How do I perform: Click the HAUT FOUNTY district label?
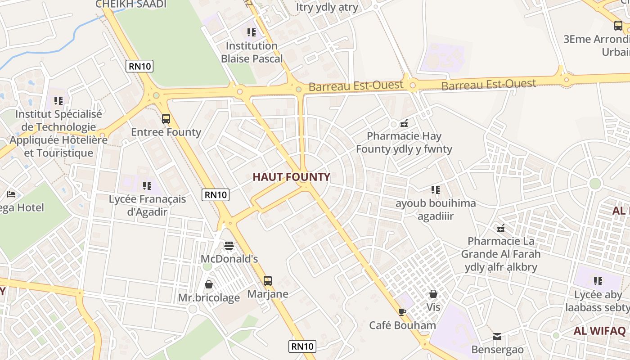pos(291,177)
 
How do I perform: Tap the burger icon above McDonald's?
pos(229,246)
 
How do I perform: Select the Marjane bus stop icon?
pos(268,281)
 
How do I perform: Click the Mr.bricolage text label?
pos(209,298)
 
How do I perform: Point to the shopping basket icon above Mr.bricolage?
pos(209,284)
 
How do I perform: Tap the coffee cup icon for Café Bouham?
pos(402,312)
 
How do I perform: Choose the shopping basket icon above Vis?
pos(433,294)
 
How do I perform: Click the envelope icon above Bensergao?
pos(497,336)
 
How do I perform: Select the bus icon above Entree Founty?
pos(166,119)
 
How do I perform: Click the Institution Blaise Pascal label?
pos(252,52)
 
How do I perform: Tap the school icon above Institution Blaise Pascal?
pos(252,32)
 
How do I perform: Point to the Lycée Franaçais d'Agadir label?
pos(147,205)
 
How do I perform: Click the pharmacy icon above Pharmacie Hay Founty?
pos(404,123)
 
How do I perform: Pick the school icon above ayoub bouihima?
pos(435,190)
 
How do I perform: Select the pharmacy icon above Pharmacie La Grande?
pos(501,228)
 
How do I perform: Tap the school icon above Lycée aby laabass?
pos(598,281)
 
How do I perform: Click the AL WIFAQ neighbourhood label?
pos(599,331)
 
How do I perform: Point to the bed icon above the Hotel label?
pos(12,194)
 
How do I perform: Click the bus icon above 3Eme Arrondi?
pos(618,26)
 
